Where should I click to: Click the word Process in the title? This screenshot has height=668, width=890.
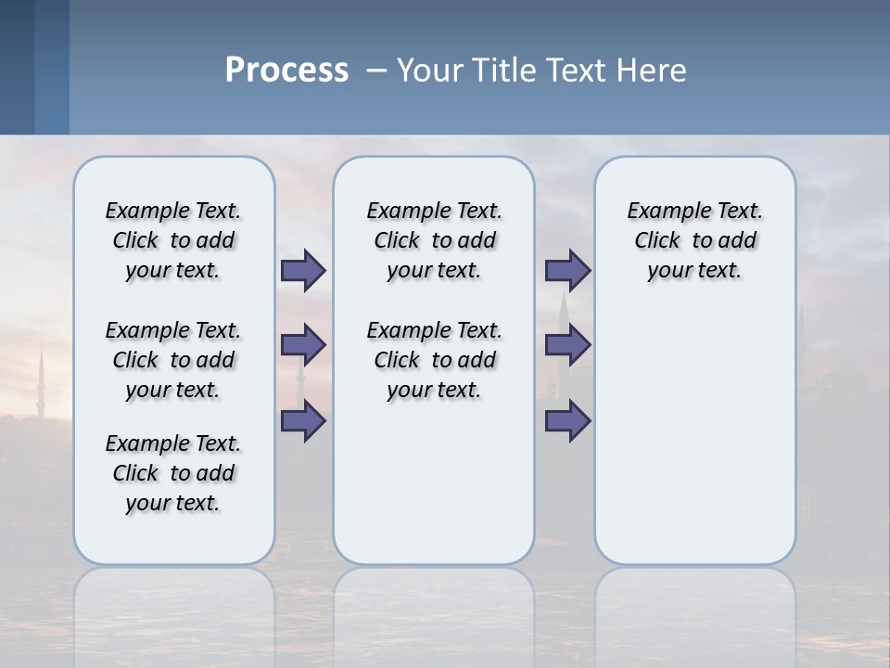tap(286, 70)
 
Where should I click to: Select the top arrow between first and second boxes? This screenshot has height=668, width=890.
tap(303, 270)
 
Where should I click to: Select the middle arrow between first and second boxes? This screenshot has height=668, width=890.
tap(303, 345)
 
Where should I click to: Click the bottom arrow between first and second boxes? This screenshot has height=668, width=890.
tap(303, 421)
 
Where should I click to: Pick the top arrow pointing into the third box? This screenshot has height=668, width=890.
tap(567, 270)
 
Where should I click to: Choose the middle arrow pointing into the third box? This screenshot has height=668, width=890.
tap(567, 345)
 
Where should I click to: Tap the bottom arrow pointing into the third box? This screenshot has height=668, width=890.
tap(567, 421)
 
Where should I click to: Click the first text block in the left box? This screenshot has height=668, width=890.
tap(173, 240)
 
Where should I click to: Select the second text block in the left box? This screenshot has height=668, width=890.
tap(173, 360)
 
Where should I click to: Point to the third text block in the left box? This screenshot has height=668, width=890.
tap(173, 473)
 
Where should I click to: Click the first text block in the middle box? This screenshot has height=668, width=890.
tap(434, 240)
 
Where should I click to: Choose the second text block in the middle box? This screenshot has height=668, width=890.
tap(434, 360)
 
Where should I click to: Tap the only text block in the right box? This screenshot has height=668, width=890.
tap(694, 240)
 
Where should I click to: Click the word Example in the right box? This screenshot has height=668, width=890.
tap(661, 212)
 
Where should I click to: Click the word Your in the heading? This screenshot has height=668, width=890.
tap(428, 70)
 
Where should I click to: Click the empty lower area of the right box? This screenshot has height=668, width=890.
tap(694, 436)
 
